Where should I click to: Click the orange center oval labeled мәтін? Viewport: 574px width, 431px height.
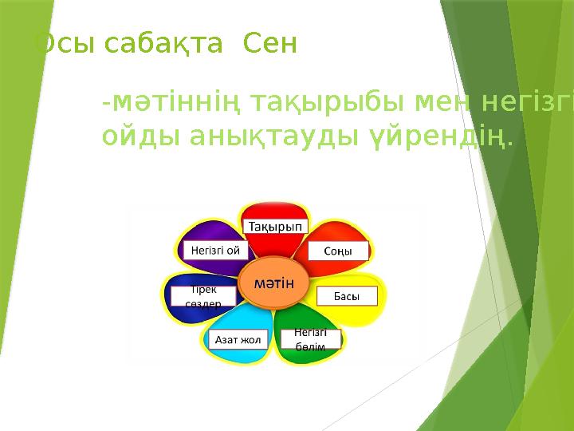point(273,283)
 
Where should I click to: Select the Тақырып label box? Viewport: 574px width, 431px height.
point(274,227)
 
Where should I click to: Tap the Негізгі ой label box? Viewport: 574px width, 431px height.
point(214,250)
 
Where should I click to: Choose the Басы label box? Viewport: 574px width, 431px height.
point(345,296)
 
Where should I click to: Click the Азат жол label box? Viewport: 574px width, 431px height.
point(238,339)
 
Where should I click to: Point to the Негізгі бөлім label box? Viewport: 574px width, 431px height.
point(310,338)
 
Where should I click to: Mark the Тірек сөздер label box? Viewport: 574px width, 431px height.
point(202,296)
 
